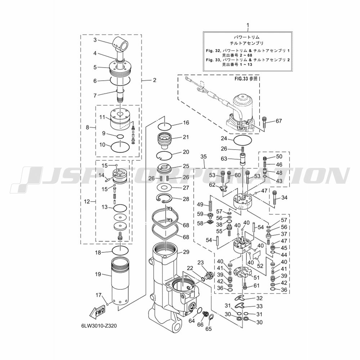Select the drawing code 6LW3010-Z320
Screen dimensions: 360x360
coord(99,326)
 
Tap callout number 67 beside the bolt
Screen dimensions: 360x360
coord(279,121)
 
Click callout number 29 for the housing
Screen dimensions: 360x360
coord(186,252)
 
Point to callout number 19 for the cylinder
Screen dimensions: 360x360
coord(98,274)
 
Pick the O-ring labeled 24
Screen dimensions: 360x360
coord(242,140)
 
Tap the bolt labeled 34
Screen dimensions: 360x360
coord(275,197)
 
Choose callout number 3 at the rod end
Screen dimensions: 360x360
coord(95,40)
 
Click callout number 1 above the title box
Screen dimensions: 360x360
coord(248,25)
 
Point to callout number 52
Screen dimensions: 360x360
coord(260,266)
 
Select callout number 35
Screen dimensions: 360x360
coord(203,157)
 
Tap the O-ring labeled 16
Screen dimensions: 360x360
coord(165,126)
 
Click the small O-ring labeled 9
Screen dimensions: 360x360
coord(120,137)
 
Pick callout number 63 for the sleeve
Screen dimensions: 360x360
coord(224,159)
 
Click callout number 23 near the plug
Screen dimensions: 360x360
coord(201,263)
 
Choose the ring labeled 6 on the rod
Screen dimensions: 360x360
coord(121,80)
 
